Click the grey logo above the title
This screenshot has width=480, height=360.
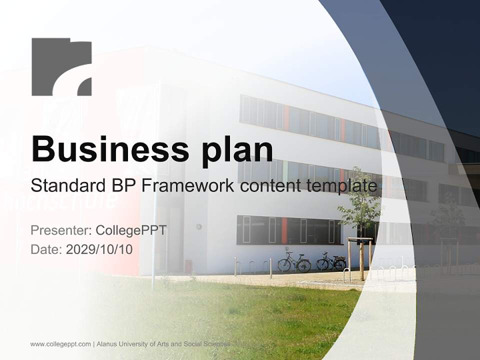tap(61, 66)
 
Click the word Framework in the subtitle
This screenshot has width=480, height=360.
tap(188, 185)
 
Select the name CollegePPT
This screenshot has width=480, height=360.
tap(131, 230)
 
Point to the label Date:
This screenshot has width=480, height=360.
tap(46, 249)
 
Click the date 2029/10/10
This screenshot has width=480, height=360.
tap(99, 249)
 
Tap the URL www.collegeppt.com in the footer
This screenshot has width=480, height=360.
tap(60, 344)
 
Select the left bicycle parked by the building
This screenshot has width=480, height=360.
tap(294, 262)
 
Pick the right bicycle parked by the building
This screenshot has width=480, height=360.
tap(331, 261)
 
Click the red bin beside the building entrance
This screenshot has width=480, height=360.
tap(188, 266)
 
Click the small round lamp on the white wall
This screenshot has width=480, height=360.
tap(198, 226)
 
